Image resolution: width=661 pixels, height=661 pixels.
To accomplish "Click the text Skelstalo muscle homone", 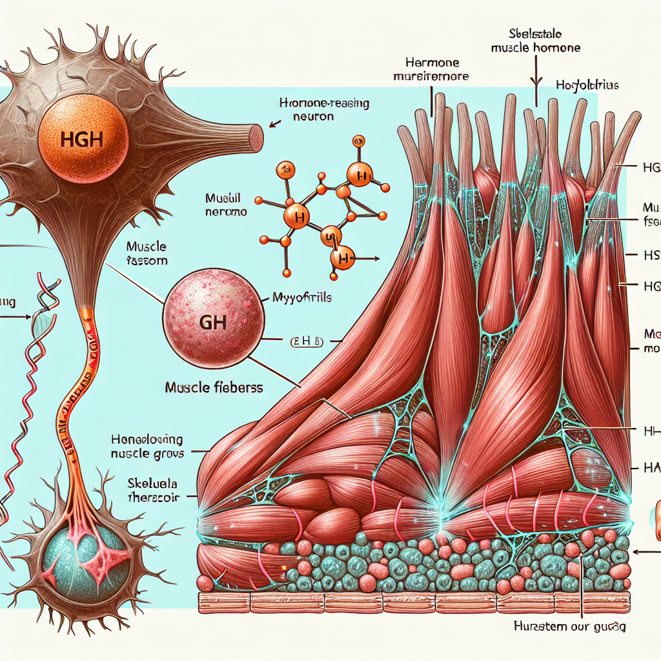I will [535, 41].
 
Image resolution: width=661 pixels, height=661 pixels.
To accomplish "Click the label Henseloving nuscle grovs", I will [148, 445].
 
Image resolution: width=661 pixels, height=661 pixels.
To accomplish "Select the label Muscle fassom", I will [147, 254].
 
